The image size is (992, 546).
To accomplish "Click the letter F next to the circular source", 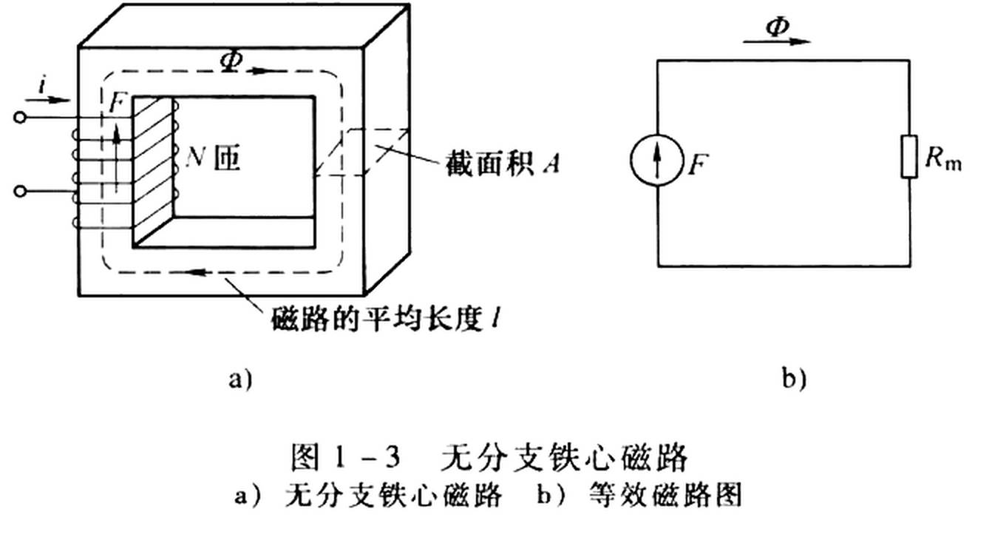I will coord(696,164).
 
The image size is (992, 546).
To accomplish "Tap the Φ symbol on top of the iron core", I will coord(231,62).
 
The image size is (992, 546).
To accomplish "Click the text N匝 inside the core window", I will coord(214,158).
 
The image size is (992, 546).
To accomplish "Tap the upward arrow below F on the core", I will coord(115,155).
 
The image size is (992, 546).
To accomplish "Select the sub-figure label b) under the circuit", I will coord(794,380).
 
